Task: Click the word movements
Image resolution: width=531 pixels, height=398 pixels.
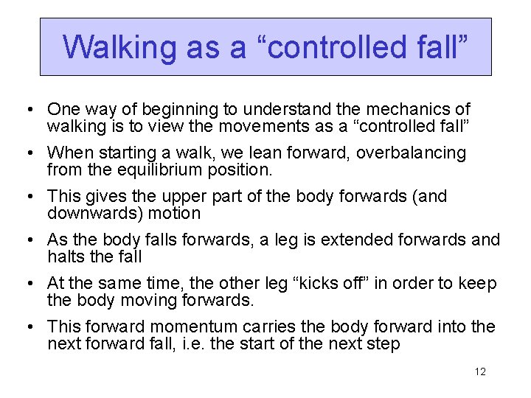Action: coord(206,126)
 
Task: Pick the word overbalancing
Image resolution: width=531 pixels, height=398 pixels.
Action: coord(414,153)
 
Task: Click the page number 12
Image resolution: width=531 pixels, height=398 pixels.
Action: coord(480,371)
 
